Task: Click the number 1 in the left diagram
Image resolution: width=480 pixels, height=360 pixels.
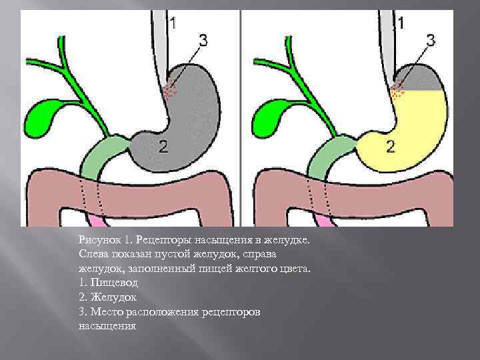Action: click(x=173, y=24)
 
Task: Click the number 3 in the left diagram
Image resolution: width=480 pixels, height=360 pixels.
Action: click(x=203, y=41)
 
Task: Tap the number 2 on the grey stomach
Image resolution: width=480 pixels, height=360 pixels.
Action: click(x=163, y=147)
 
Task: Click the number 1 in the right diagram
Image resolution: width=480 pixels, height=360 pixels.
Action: click(x=400, y=24)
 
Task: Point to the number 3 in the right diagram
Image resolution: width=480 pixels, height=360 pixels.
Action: click(x=430, y=41)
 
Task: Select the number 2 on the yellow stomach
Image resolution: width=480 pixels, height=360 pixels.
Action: click(x=391, y=147)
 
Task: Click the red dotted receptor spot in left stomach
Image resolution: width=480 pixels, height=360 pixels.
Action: click(x=172, y=88)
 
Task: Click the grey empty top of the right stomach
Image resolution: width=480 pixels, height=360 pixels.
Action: click(x=423, y=79)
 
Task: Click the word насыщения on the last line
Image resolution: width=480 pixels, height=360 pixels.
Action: click(x=107, y=327)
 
